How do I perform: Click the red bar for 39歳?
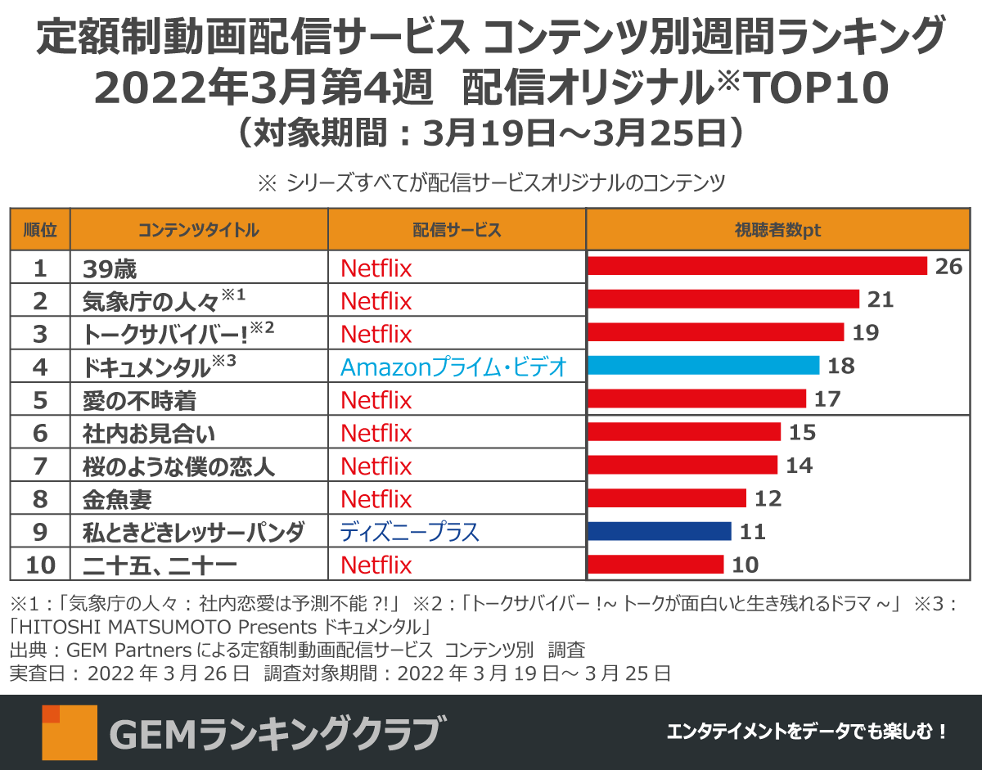point(757,267)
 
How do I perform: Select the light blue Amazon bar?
point(704,365)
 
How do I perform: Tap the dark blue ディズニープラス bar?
point(660,532)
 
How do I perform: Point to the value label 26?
point(948,267)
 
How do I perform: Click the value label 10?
point(746,565)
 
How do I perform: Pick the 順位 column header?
point(40,230)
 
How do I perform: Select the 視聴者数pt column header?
point(777,230)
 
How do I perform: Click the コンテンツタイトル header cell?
point(199,230)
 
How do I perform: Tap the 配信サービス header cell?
point(457,230)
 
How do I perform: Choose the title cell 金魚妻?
point(117,499)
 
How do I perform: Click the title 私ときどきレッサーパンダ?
point(193,533)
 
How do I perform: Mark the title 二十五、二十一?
point(160,565)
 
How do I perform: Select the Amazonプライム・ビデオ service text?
point(453,367)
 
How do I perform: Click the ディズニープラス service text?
point(409,533)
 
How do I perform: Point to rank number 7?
point(40,466)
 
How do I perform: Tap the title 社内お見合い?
point(149,433)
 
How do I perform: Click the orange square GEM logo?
point(70,732)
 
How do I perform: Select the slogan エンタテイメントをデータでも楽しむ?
point(807,732)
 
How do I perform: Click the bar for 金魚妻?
point(667,498)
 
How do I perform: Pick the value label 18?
point(840,366)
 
